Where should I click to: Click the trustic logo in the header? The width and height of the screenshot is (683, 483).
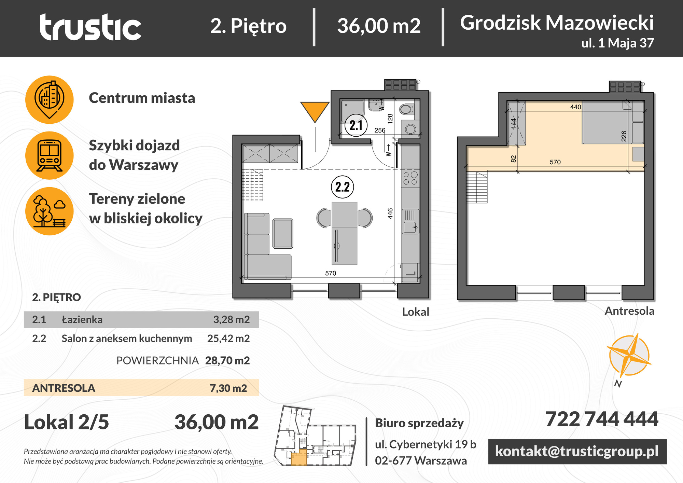tap(90, 27)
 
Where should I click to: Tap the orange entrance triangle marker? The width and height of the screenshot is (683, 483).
tap(315, 110)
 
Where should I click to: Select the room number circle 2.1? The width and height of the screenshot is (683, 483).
tap(356, 125)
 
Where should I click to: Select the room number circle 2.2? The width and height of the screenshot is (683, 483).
tap(342, 187)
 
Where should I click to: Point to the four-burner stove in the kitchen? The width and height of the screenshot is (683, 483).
tap(410, 178)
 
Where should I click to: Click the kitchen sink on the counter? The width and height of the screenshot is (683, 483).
tap(410, 222)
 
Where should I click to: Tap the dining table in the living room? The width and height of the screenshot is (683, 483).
tap(344, 233)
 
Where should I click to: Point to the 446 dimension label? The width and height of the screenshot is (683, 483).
tap(390, 213)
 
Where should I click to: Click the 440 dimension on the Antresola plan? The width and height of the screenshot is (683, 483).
tap(576, 107)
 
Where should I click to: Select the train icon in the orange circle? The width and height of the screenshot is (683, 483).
tap(50, 155)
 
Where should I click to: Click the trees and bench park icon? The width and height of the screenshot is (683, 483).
tap(50, 211)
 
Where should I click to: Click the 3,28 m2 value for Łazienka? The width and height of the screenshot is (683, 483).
tap(232, 319)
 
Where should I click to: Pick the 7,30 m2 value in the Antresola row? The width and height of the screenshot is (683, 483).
tap(228, 388)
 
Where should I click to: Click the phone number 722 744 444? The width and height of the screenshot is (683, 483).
tap(602, 419)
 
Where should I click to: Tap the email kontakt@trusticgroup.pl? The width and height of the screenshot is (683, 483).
tap(577, 451)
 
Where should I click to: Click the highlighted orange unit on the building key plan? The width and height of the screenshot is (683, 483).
tap(299, 458)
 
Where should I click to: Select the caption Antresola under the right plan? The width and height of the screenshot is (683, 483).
tap(629, 311)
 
